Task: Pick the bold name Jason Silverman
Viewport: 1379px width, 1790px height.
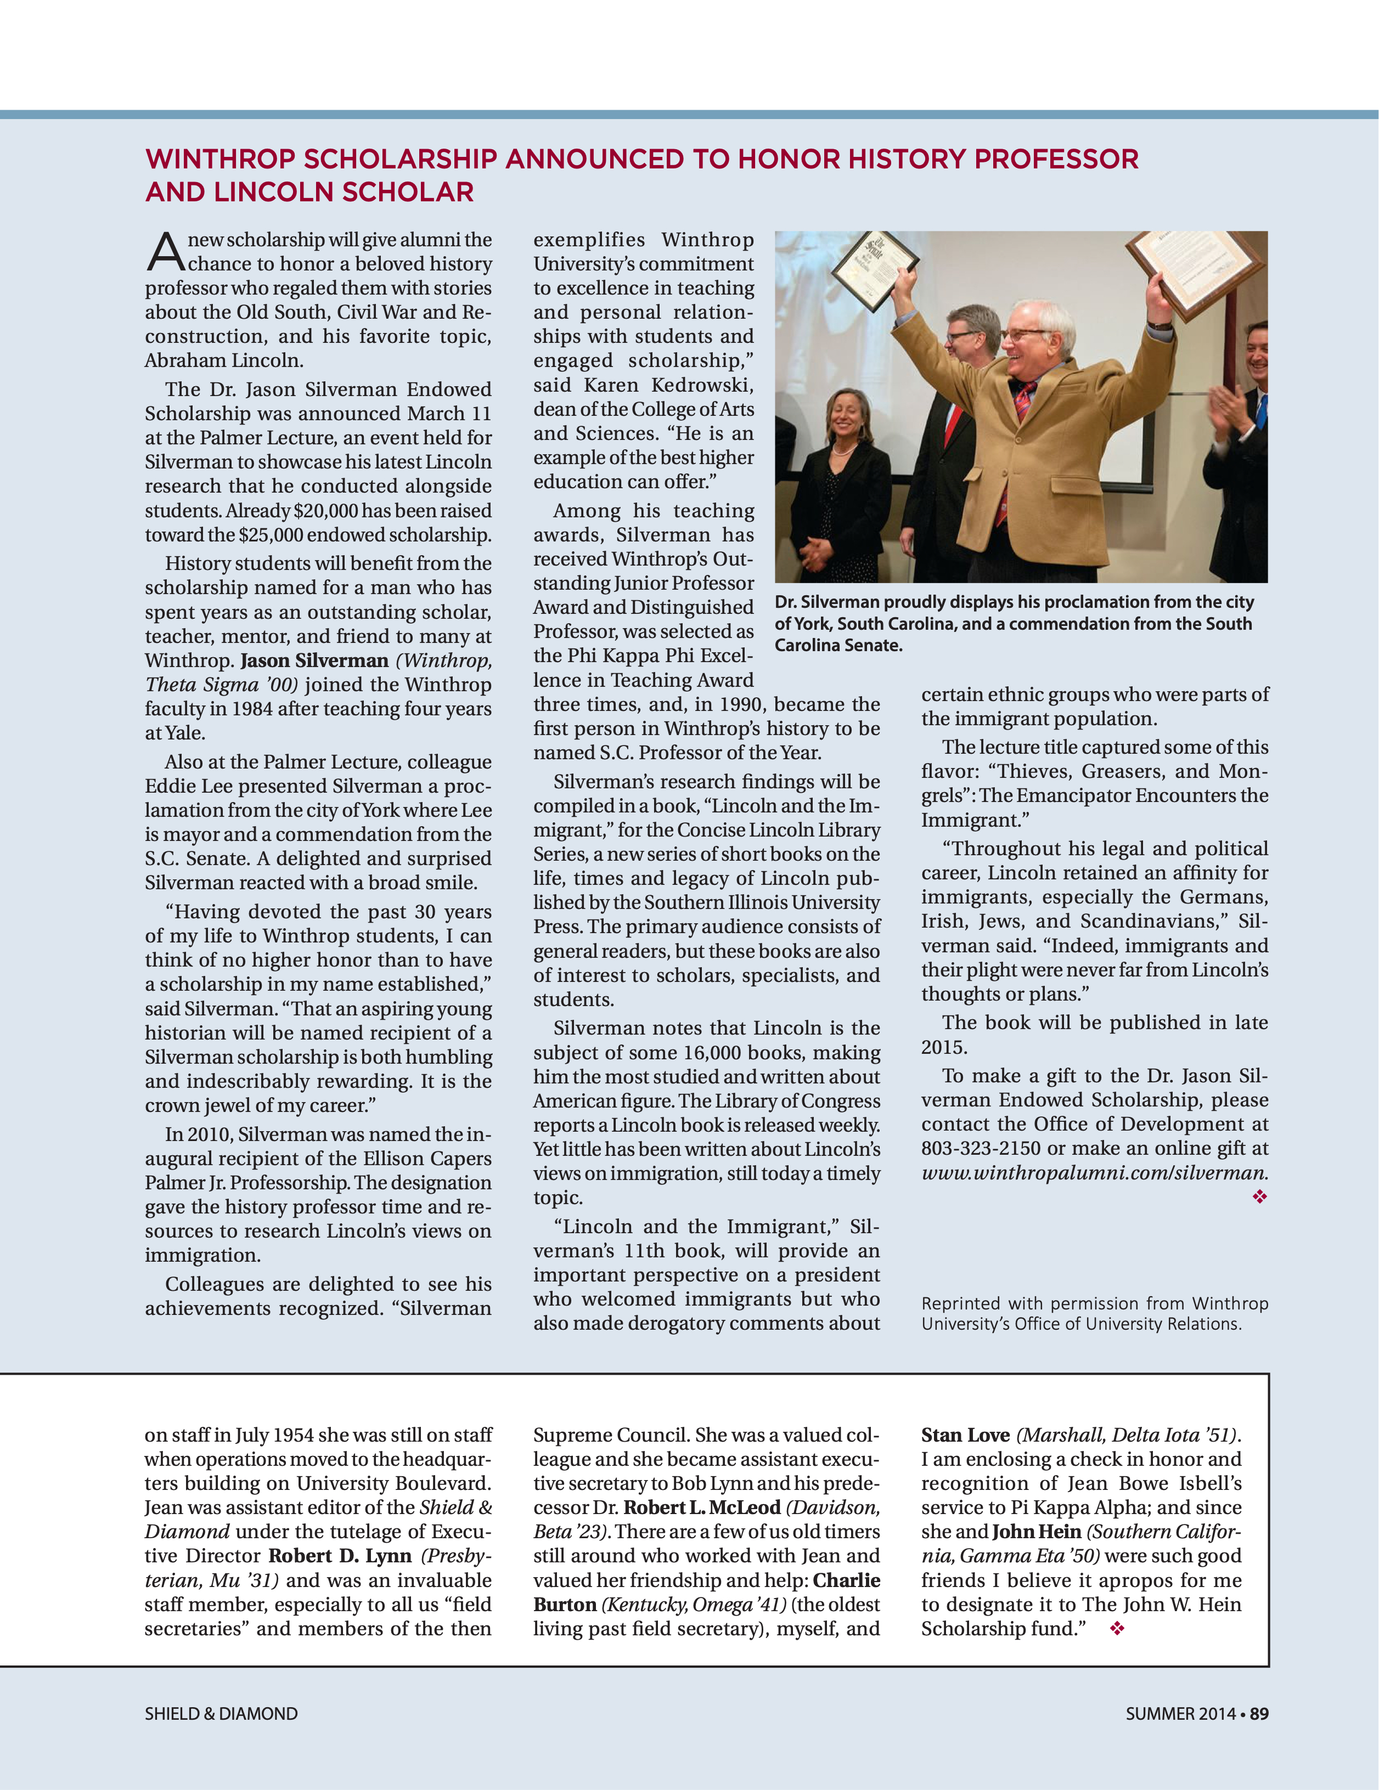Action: [x=314, y=660]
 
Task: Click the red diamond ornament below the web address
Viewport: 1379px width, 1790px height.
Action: [x=1259, y=1198]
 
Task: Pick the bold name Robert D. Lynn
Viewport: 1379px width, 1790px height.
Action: [x=340, y=1556]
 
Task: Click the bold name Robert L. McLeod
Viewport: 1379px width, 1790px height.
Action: [x=702, y=1507]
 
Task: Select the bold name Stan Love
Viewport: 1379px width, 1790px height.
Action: [x=965, y=1435]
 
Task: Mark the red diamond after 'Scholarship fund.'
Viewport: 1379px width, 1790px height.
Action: [x=1117, y=1629]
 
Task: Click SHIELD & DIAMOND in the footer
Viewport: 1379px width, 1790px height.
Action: [x=221, y=1713]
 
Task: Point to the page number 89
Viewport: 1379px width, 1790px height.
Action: [x=1259, y=1713]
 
